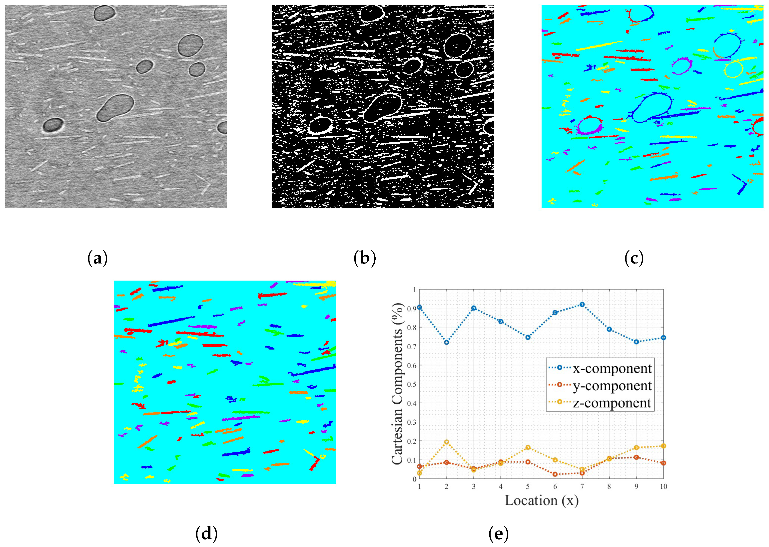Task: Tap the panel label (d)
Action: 206,533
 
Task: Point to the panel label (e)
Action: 498,533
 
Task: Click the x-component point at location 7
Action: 582,305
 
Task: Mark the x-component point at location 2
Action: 446,342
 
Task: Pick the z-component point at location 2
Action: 446,442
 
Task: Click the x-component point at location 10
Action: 663,338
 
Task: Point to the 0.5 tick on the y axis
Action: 411,384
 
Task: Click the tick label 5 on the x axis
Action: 528,486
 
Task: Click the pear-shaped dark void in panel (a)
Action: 115,108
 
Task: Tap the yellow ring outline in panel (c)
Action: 733,69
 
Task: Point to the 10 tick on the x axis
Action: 663,486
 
